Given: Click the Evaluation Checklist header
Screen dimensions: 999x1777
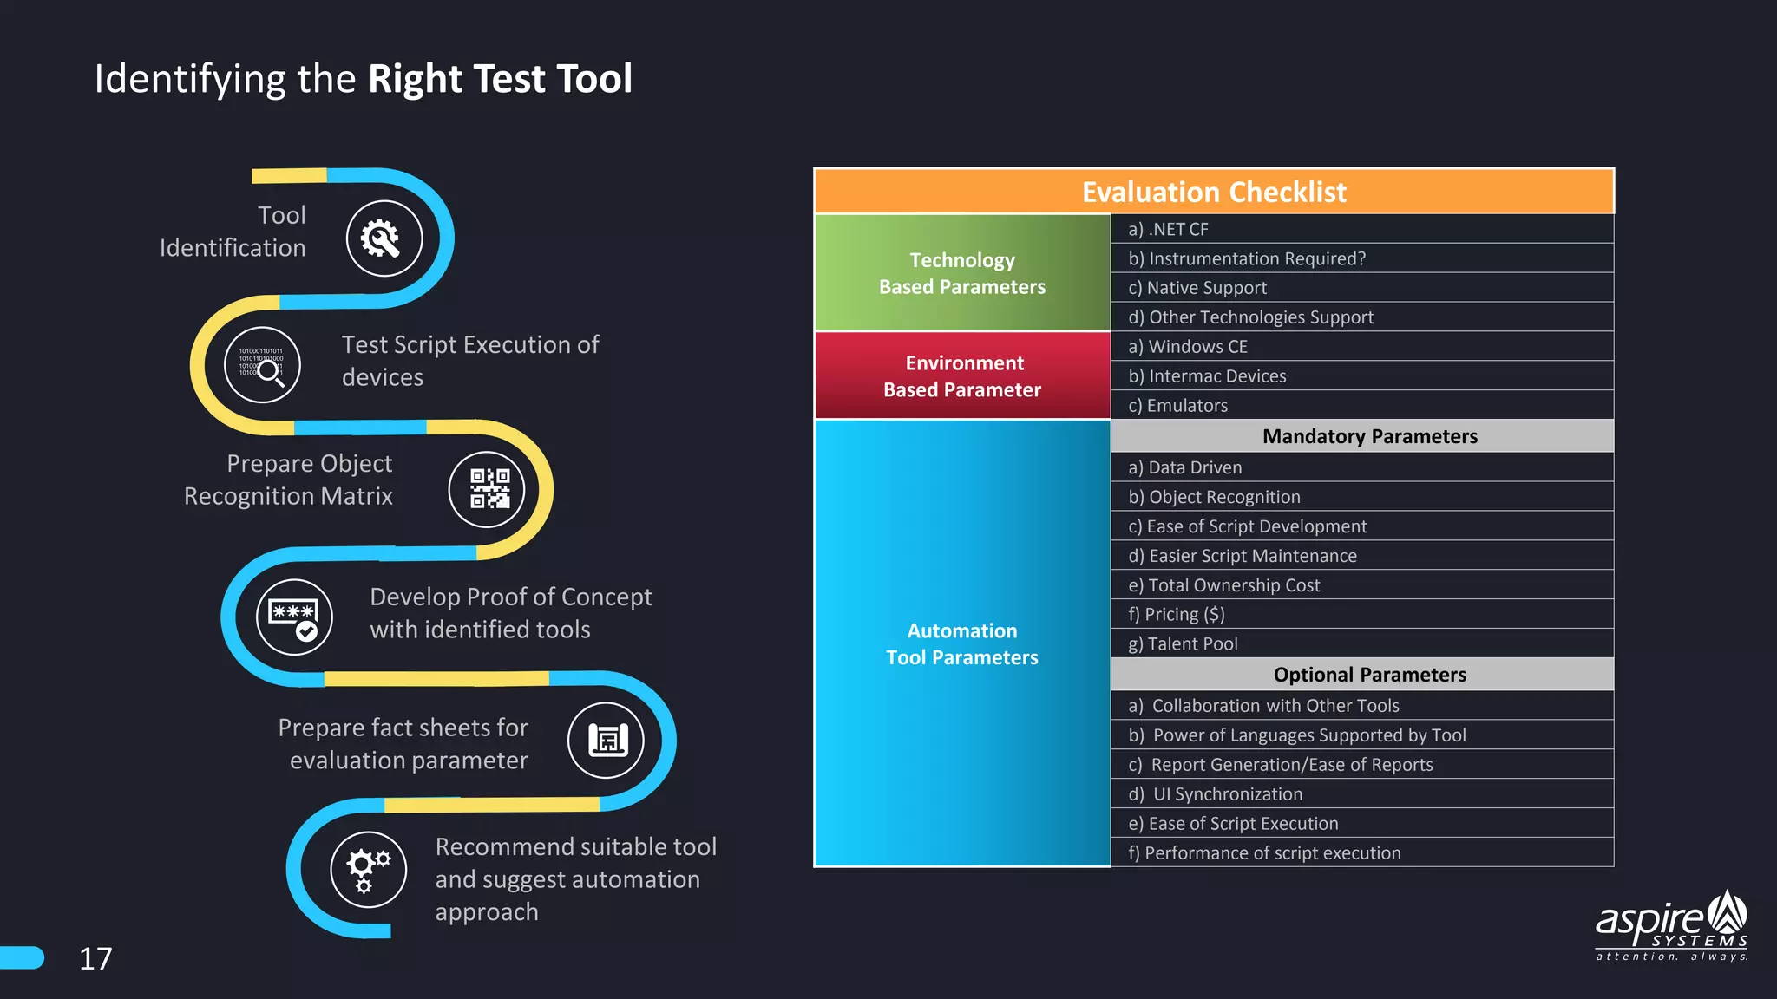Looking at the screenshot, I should point(1213,192).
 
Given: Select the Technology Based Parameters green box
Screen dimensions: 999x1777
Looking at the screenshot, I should point(962,273).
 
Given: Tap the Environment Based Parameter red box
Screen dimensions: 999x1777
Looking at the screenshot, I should point(962,375).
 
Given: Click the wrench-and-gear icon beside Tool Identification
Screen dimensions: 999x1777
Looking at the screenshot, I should point(384,238).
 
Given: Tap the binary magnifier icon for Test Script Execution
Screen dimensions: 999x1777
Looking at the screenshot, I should point(262,365).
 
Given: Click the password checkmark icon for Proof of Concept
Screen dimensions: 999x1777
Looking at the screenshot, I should point(294,617).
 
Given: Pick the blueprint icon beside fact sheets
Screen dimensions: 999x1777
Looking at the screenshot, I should point(606,740).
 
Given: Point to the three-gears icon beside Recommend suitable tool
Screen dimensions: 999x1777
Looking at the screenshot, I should point(368,869).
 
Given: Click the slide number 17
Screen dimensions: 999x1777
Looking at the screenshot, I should point(95,958).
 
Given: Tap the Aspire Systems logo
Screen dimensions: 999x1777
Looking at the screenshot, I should point(1672,926).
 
